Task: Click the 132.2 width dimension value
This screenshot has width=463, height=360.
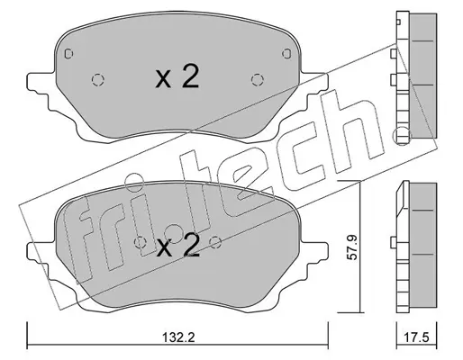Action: [178, 337]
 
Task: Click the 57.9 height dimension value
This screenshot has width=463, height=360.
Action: [353, 247]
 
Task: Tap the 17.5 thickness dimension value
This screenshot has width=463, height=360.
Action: [416, 337]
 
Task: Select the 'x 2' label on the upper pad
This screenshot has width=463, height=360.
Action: [177, 76]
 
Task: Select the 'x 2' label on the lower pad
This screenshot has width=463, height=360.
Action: [178, 245]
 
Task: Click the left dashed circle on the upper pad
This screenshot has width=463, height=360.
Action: [97, 80]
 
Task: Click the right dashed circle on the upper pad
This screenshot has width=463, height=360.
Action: [258, 80]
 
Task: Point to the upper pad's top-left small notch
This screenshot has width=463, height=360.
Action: [68, 54]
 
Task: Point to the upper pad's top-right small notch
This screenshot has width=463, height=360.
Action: [286, 53]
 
